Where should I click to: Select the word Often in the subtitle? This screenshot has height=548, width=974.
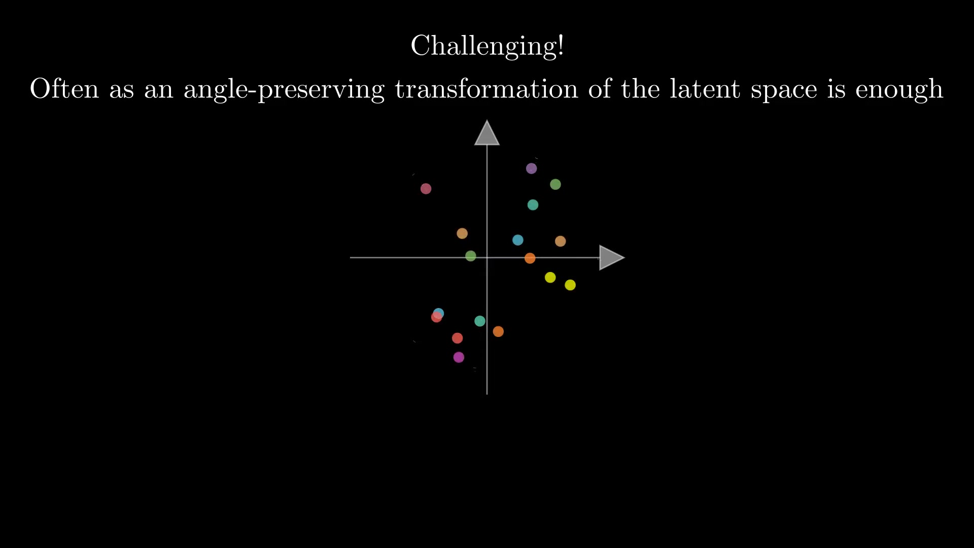click(x=64, y=89)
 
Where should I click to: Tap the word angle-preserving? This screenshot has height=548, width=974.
click(x=284, y=90)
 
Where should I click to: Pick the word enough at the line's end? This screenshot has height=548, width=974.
click(x=899, y=90)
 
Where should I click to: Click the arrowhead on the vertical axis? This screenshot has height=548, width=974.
click(x=487, y=133)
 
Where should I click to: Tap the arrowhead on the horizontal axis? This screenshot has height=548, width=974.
click(x=612, y=258)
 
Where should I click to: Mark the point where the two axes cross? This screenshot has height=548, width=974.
click(x=487, y=258)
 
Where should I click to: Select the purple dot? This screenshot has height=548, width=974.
click(x=531, y=168)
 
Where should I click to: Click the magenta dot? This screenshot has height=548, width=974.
click(x=459, y=357)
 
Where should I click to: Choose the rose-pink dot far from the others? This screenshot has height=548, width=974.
click(x=426, y=189)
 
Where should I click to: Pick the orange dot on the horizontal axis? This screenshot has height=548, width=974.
click(x=530, y=258)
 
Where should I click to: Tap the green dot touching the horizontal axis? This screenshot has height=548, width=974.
click(x=471, y=256)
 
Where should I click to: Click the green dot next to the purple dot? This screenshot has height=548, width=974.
click(x=555, y=184)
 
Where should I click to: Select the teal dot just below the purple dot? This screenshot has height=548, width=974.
click(x=533, y=205)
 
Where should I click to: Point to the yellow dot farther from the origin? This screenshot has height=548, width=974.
click(x=570, y=285)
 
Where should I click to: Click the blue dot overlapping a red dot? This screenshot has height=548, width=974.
click(x=439, y=314)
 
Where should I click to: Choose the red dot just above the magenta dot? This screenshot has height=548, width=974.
click(x=457, y=338)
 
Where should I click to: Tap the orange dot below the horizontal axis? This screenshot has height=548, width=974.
click(x=498, y=331)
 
